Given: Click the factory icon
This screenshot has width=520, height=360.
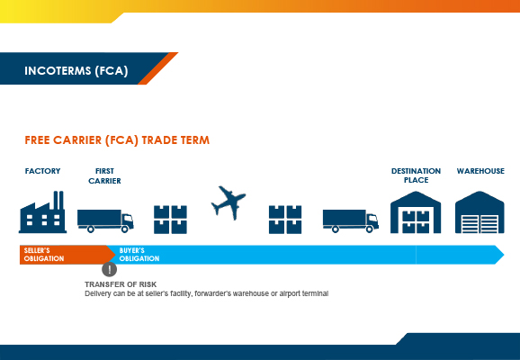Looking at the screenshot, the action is click(42, 214).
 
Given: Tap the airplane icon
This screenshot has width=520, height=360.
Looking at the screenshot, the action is click(229, 202).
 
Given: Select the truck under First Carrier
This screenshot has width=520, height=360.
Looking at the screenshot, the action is click(105, 221).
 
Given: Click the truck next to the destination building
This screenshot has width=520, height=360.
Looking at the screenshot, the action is click(351, 221).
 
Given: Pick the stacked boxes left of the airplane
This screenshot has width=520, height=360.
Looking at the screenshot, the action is click(170, 220).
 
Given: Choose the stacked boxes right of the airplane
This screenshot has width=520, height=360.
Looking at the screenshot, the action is click(285, 220).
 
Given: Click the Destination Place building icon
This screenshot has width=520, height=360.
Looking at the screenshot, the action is click(416, 212).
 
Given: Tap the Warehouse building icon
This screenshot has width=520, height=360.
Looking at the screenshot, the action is click(480, 212).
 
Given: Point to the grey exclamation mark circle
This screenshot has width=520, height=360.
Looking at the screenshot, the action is click(110, 269).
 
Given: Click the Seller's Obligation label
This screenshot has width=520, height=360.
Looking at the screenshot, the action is click(44, 255).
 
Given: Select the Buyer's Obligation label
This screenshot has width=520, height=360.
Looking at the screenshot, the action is click(139, 255).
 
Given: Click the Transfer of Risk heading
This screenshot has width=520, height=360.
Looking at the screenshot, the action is click(121, 284).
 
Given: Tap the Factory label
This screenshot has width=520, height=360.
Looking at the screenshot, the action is click(43, 171).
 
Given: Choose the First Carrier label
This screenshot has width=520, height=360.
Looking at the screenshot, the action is click(104, 175).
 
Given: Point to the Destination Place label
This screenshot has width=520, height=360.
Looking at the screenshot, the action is click(416, 175).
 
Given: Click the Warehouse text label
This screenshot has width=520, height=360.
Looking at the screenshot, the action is click(480, 171).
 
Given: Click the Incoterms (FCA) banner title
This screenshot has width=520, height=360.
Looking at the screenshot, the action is click(76, 71).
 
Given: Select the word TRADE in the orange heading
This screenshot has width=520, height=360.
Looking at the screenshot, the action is click(157, 140).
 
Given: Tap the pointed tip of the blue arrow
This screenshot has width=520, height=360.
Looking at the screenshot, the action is click(504, 255).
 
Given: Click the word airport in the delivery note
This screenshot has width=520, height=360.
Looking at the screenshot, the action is click(290, 293).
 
